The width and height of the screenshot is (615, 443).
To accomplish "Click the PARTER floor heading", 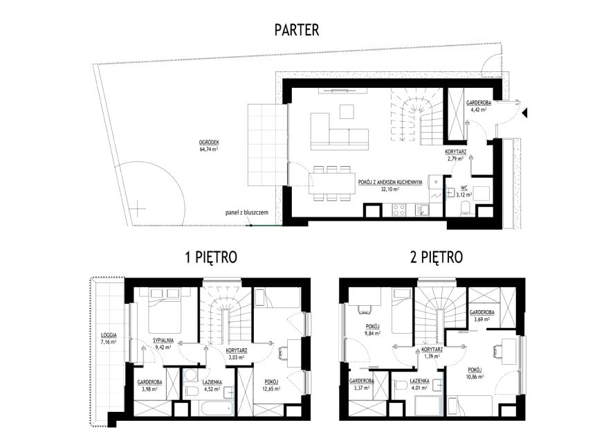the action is point(297,30).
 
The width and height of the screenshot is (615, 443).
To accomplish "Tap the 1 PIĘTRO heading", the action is point(211,257).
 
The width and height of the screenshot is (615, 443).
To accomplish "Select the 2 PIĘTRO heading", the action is point(437,257).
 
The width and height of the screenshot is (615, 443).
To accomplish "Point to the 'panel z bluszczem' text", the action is point(247,213).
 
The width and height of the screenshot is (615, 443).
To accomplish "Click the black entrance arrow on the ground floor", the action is point(525,113).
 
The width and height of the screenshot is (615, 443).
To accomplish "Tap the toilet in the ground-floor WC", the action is point(466,208).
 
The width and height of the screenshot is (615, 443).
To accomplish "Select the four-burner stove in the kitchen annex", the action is point(399,210).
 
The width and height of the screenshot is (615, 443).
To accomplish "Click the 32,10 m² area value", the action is point(390,189).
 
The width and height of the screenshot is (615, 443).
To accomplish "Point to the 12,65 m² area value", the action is point(271,389).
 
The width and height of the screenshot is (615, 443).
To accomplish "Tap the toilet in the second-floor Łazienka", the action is point(401,386).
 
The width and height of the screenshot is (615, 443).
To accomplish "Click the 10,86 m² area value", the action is point(474,377).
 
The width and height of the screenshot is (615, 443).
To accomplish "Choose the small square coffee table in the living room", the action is point(347,111).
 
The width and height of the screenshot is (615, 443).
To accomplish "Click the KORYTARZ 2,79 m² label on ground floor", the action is point(455,155).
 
